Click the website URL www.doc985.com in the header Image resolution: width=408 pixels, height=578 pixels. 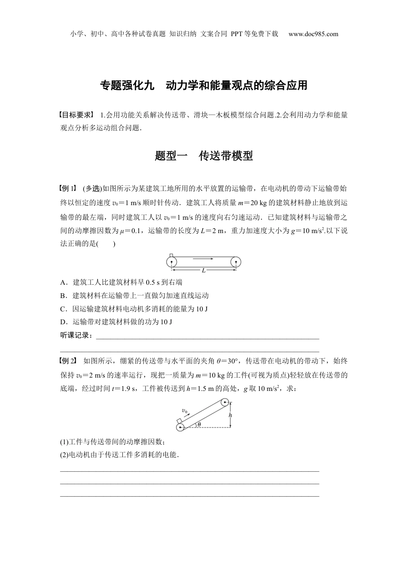[x=313, y=34]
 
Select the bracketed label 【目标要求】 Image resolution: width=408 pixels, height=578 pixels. [x=76, y=115]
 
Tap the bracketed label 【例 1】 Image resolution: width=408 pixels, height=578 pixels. [x=68, y=188]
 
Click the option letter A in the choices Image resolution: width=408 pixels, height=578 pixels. [x=63, y=283]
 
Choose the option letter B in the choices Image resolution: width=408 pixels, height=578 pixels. [x=63, y=295]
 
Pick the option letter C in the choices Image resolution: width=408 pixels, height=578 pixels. [x=63, y=309]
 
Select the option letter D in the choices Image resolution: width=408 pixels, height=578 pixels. [x=63, y=322]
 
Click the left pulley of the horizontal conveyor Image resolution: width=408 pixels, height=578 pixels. [x=172, y=261]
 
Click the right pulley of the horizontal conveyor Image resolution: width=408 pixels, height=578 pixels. [x=236, y=261]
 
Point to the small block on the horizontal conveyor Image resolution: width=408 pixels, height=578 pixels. [x=171, y=255]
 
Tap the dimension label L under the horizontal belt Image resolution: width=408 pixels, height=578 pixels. [x=204, y=271]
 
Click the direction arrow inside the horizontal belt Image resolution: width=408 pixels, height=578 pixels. [x=203, y=259]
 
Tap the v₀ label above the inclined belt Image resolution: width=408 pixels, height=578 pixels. [x=185, y=411]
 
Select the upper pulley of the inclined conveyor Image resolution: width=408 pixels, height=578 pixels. [x=225, y=403]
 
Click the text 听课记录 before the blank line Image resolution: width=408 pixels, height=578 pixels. [x=76, y=335]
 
